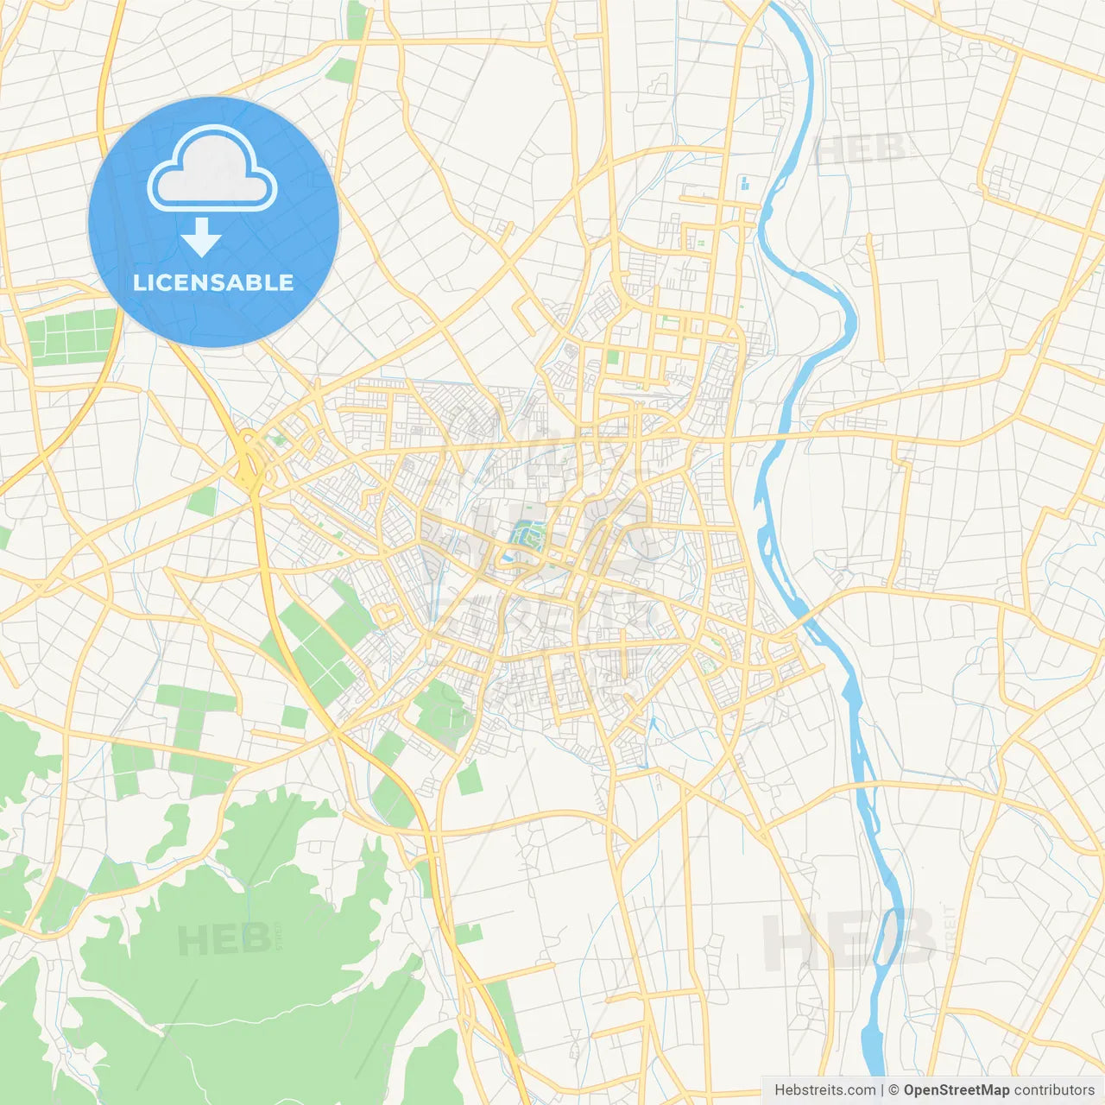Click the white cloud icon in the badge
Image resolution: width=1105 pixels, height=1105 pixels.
tap(212, 169)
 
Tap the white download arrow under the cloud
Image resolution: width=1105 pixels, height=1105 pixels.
tap(201, 237)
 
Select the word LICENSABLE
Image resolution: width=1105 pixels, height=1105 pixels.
tap(213, 283)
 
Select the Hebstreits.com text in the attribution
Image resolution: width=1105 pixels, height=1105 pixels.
tap(824, 1090)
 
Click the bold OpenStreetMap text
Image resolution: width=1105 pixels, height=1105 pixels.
tap(957, 1090)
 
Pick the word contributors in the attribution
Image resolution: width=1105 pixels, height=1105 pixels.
tap(1054, 1090)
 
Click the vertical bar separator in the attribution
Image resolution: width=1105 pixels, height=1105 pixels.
tap(882, 1090)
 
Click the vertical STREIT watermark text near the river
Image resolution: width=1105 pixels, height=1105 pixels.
tap(950, 932)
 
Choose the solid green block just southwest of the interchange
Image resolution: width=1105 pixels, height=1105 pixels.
tap(202, 501)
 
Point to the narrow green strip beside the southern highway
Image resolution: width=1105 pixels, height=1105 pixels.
tap(505, 1019)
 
